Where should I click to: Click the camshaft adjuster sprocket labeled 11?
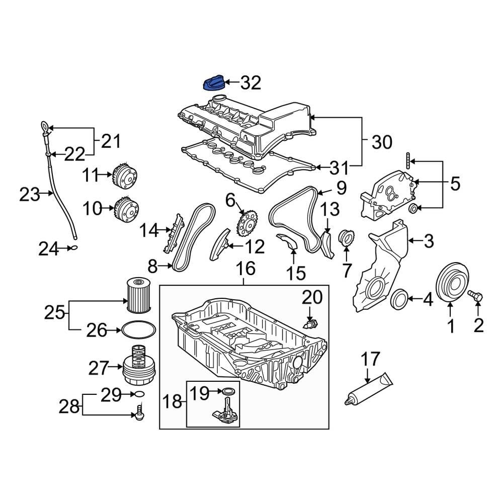(124, 176)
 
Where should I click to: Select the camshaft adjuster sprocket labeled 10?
(125, 208)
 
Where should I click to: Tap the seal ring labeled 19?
(229, 391)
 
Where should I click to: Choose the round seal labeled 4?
(400, 299)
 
